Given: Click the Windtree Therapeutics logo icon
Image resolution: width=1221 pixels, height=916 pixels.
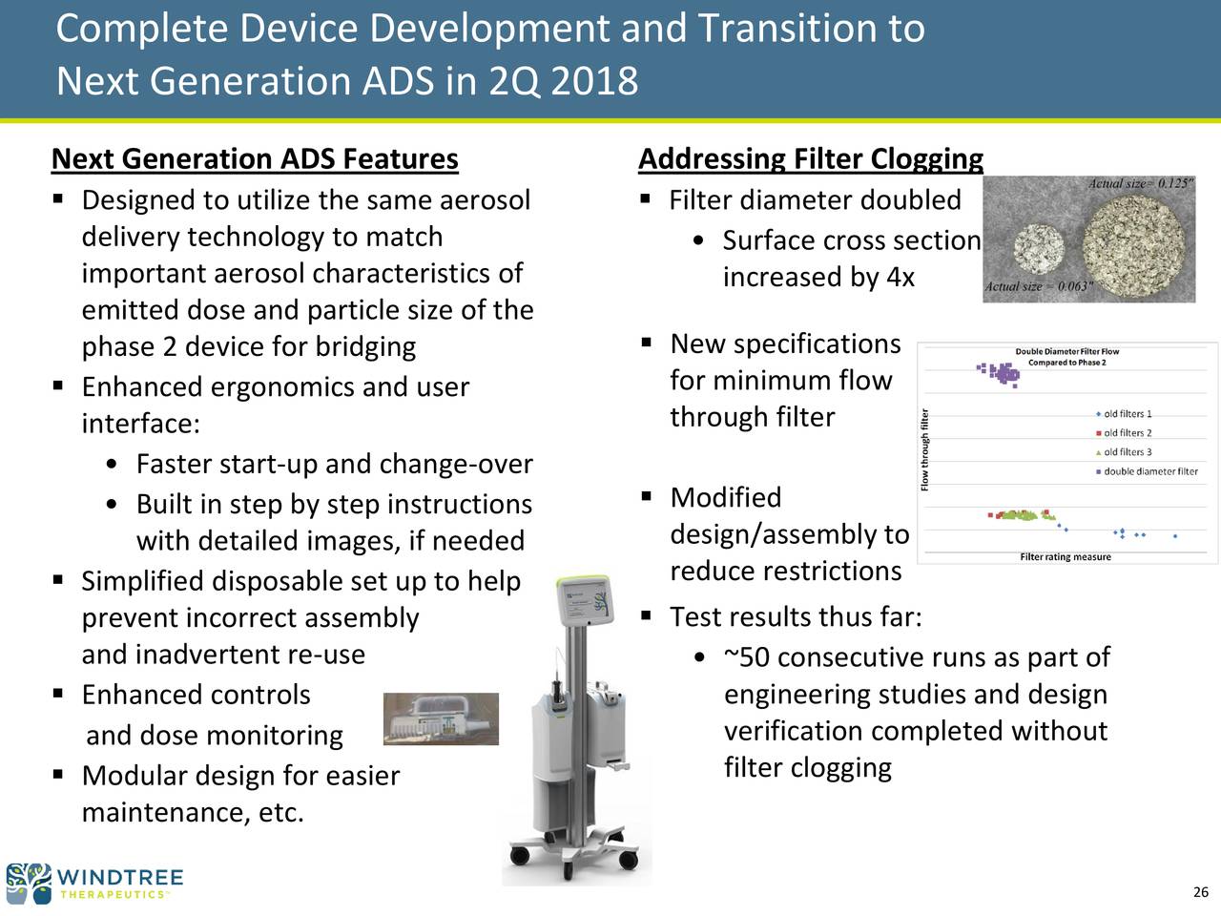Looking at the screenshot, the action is (29, 884).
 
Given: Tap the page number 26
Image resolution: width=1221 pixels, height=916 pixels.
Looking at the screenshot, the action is (1200, 892).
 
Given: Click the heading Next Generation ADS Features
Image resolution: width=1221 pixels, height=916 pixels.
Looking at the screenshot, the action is (255, 159).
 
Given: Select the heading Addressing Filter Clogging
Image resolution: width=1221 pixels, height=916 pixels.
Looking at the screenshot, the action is (811, 159).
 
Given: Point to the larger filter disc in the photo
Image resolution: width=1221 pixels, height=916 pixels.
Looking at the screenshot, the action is (1133, 246).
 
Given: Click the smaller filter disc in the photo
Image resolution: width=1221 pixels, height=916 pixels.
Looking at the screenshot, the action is (1039, 249).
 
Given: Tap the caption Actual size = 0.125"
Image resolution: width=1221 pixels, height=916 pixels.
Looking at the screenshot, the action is (1141, 183).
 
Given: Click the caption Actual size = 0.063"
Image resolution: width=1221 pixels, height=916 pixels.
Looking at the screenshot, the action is (1039, 286).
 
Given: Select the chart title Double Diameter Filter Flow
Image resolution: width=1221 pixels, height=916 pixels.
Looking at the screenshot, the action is (1066, 351).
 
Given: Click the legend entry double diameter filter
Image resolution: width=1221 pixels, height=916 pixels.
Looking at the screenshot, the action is (1147, 471).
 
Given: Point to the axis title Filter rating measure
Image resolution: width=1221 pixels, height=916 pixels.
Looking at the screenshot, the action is (1066, 556).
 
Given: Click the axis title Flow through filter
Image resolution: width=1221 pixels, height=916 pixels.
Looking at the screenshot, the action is (924, 450).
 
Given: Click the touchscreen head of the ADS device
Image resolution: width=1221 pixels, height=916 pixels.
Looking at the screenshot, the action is (584, 601).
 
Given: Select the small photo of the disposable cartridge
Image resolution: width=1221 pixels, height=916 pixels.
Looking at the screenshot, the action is (441, 718).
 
